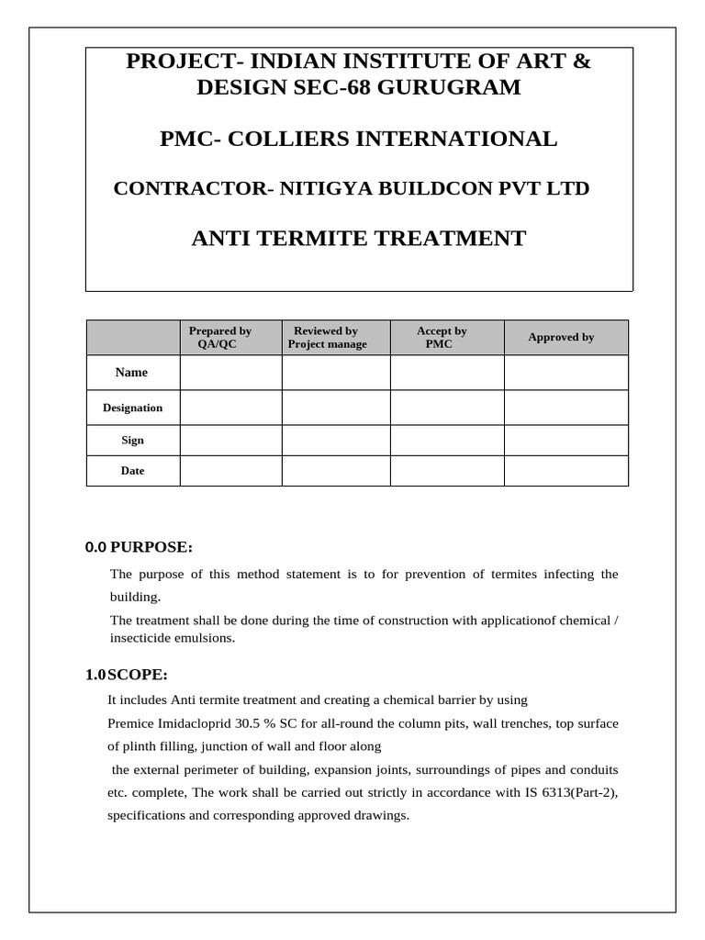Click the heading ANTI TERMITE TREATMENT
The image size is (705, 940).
click(x=358, y=240)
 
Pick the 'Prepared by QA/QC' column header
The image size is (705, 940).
click(x=220, y=337)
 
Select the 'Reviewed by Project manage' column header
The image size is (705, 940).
click(x=327, y=337)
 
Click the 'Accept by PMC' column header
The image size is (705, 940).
click(x=442, y=337)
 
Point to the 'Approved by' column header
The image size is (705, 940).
click(x=561, y=337)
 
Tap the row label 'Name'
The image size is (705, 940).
click(x=131, y=373)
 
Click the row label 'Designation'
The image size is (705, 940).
click(x=132, y=408)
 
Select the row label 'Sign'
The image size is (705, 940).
click(x=132, y=440)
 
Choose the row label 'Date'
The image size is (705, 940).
click(x=132, y=471)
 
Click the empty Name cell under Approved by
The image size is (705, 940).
click(x=565, y=373)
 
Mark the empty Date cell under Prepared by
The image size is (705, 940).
click(x=230, y=471)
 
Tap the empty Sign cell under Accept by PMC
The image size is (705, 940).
click(x=447, y=440)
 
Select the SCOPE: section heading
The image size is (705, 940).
click(x=138, y=675)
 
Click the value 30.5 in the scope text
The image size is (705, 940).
click(x=236, y=723)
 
